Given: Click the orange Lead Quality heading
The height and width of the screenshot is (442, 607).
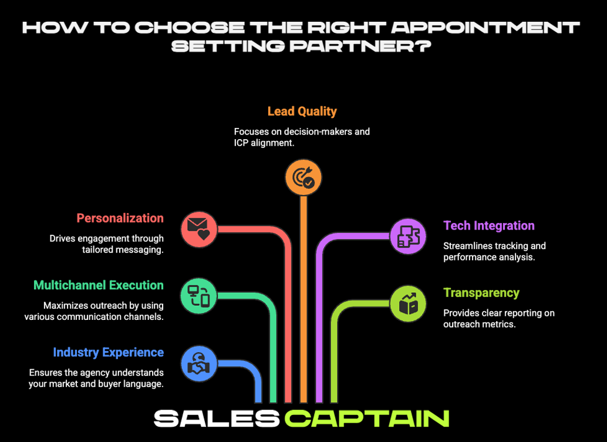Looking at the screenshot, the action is coord(302,112).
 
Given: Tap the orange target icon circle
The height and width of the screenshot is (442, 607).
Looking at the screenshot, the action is coord(303,178).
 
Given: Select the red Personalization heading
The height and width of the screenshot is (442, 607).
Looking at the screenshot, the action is coord(120,218).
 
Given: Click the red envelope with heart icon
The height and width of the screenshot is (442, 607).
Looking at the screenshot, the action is coord(199,228).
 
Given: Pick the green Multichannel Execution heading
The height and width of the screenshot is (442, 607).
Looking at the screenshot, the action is coord(99,285).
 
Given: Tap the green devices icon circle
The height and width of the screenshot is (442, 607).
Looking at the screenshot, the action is coord(198,295).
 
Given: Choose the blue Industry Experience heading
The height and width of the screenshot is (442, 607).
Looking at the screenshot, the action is coord(108,352).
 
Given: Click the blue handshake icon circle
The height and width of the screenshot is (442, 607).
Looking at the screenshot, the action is coord(198,364).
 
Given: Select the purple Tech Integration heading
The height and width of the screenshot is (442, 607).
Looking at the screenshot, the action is coord(489,226).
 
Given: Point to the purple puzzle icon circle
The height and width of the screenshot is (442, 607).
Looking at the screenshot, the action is coord(408,236).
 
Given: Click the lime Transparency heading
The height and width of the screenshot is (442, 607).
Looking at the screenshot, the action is coord(481,293).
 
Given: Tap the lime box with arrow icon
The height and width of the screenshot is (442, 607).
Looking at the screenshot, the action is coord(408,303).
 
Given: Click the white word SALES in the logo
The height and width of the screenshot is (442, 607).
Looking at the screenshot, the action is coord(217,419).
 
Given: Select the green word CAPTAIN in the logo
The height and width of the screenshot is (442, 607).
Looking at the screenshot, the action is coord(367,419).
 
